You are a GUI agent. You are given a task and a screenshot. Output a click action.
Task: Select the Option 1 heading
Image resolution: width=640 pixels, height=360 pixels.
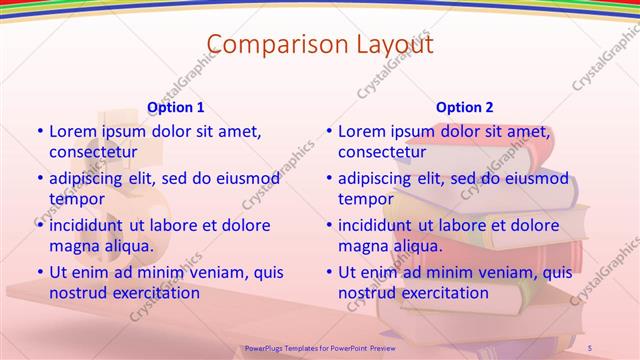tap(176, 107)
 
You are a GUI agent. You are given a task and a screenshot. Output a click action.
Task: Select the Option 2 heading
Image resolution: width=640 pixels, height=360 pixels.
tap(465, 107)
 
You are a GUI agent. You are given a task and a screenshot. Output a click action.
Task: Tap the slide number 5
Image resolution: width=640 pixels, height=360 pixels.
tap(589, 347)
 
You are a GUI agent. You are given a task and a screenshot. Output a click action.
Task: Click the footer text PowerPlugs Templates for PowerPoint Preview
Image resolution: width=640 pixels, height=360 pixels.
tap(320, 347)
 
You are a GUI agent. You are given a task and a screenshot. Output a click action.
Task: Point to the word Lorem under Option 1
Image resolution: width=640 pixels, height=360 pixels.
tap(72, 131)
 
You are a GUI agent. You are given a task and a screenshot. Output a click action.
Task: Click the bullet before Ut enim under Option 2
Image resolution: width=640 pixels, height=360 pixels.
tap(329, 272)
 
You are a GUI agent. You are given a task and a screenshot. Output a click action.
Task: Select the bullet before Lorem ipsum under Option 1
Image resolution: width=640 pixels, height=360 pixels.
tap(40, 131)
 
